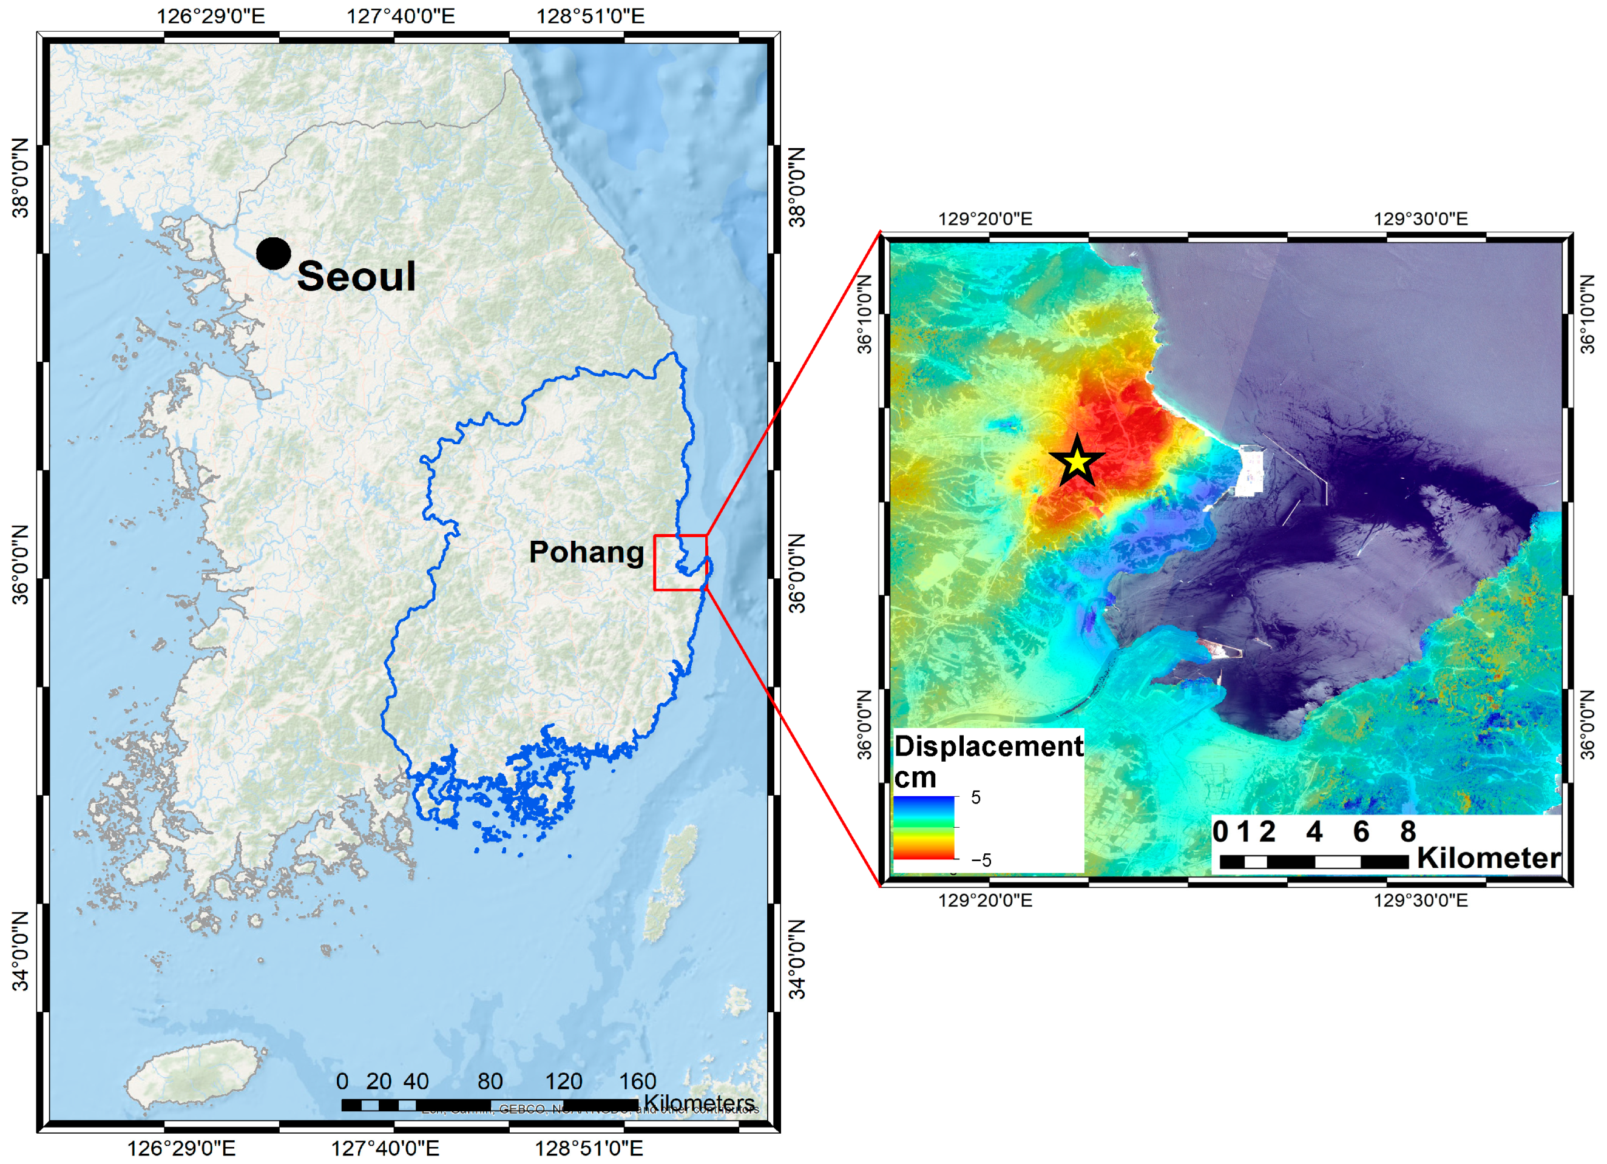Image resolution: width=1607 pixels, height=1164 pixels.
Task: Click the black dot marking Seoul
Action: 274,254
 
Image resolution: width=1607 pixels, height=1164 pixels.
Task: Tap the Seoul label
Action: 356,276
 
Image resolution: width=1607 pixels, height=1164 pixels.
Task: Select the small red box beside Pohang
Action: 680,563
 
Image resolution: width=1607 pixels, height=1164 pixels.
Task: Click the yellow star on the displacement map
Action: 1077,462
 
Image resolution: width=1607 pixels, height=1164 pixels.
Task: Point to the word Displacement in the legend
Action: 989,746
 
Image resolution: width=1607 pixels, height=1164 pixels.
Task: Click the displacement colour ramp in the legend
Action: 924,827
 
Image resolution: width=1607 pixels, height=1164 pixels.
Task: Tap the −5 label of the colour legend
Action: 981,860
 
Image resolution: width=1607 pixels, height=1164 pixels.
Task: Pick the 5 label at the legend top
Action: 976,797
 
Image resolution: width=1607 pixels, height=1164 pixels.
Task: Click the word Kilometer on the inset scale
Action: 1488,858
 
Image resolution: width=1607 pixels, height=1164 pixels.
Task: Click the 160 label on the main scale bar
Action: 638,1081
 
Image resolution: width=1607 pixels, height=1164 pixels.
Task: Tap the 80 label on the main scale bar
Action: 490,1081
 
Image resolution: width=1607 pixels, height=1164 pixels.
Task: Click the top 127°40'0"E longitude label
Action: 401,16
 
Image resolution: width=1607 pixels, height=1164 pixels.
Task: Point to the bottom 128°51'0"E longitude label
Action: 589,1148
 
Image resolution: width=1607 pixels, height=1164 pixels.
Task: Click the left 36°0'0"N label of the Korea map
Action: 21,564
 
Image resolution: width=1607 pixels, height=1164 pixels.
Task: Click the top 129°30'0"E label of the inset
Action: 1421,219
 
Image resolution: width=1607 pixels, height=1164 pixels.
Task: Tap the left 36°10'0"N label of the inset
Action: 866,314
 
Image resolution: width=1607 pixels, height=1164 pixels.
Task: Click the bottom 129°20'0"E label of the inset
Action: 985,901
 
